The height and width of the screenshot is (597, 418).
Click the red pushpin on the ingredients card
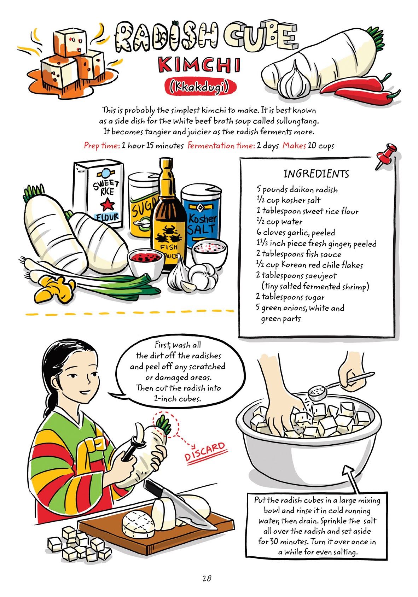click(x=386, y=155)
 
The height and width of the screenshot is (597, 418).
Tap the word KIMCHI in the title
click(x=199, y=65)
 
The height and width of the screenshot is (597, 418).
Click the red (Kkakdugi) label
click(x=199, y=86)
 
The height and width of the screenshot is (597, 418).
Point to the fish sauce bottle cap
click(x=165, y=165)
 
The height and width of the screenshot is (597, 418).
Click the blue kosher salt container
click(x=202, y=216)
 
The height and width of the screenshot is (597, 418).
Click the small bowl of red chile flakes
click(x=145, y=262)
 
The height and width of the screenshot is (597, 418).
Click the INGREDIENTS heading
click(x=316, y=174)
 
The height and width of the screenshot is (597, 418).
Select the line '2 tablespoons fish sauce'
click(x=299, y=254)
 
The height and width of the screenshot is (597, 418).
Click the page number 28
click(x=207, y=578)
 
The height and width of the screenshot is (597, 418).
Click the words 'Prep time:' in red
click(x=102, y=146)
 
